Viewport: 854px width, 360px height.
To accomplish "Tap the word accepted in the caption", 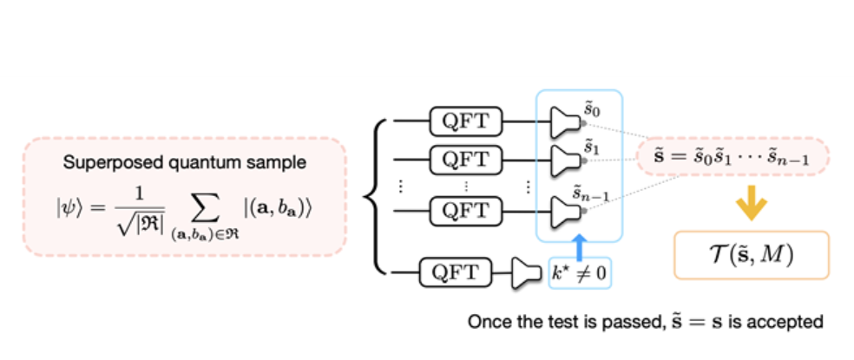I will [791, 323].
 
